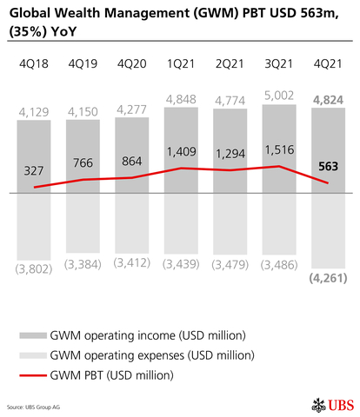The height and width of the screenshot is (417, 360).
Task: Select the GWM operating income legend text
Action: (149, 334)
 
